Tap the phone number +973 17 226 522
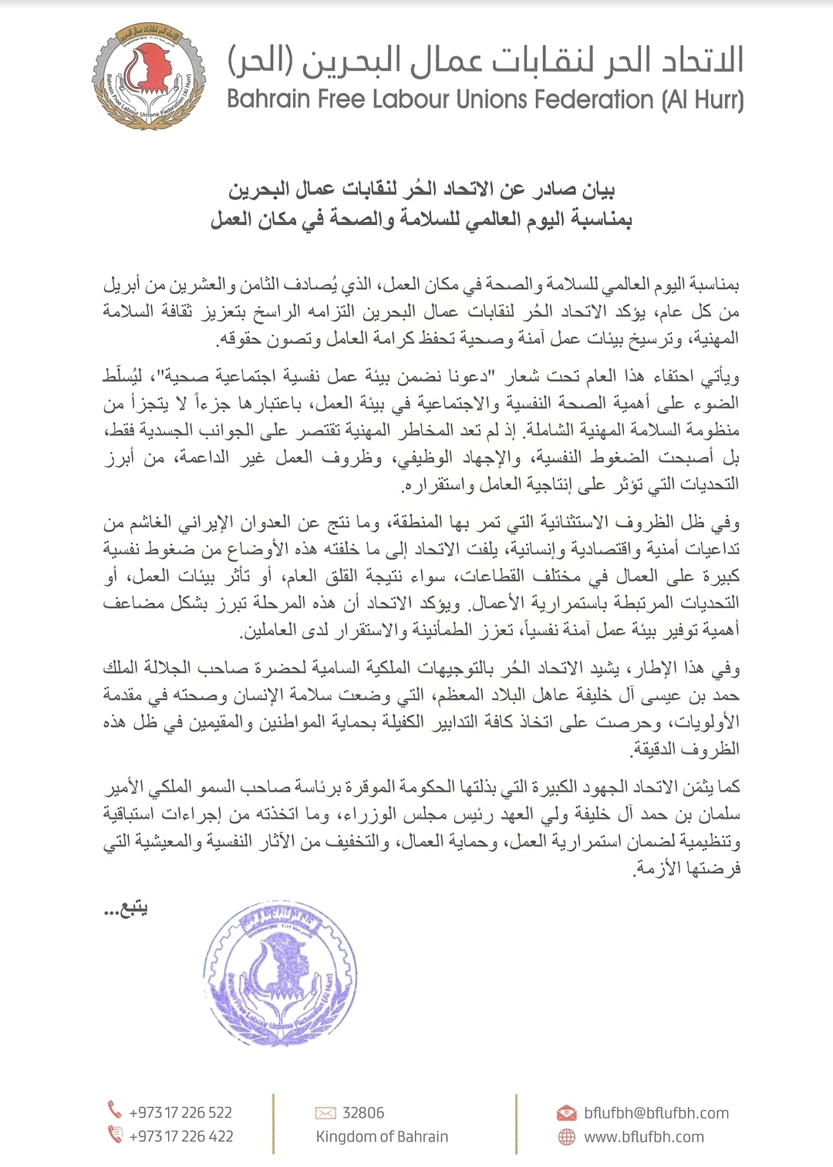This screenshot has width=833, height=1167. [180, 1112]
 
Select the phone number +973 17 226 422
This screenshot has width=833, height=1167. [180, 1136]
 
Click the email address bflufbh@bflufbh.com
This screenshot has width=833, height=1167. [656, 1113]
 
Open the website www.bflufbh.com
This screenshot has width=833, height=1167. [643, 1137]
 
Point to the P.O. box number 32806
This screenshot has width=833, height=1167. [363, 1112]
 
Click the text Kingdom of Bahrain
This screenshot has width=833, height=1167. [382, 1136]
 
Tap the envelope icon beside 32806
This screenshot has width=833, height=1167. [325, 1112]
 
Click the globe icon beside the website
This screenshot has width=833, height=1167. [566, 1137]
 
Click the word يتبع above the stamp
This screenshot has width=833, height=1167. [129, 909]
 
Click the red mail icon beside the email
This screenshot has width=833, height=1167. [566, 1113]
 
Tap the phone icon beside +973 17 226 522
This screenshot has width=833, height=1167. [115, 1110]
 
